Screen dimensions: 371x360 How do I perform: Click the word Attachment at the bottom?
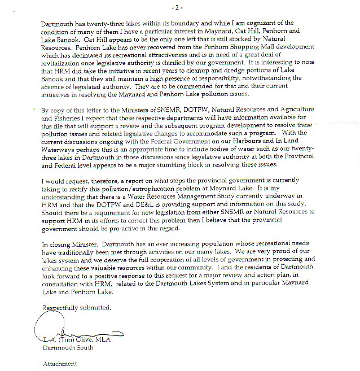coord(59,364)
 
